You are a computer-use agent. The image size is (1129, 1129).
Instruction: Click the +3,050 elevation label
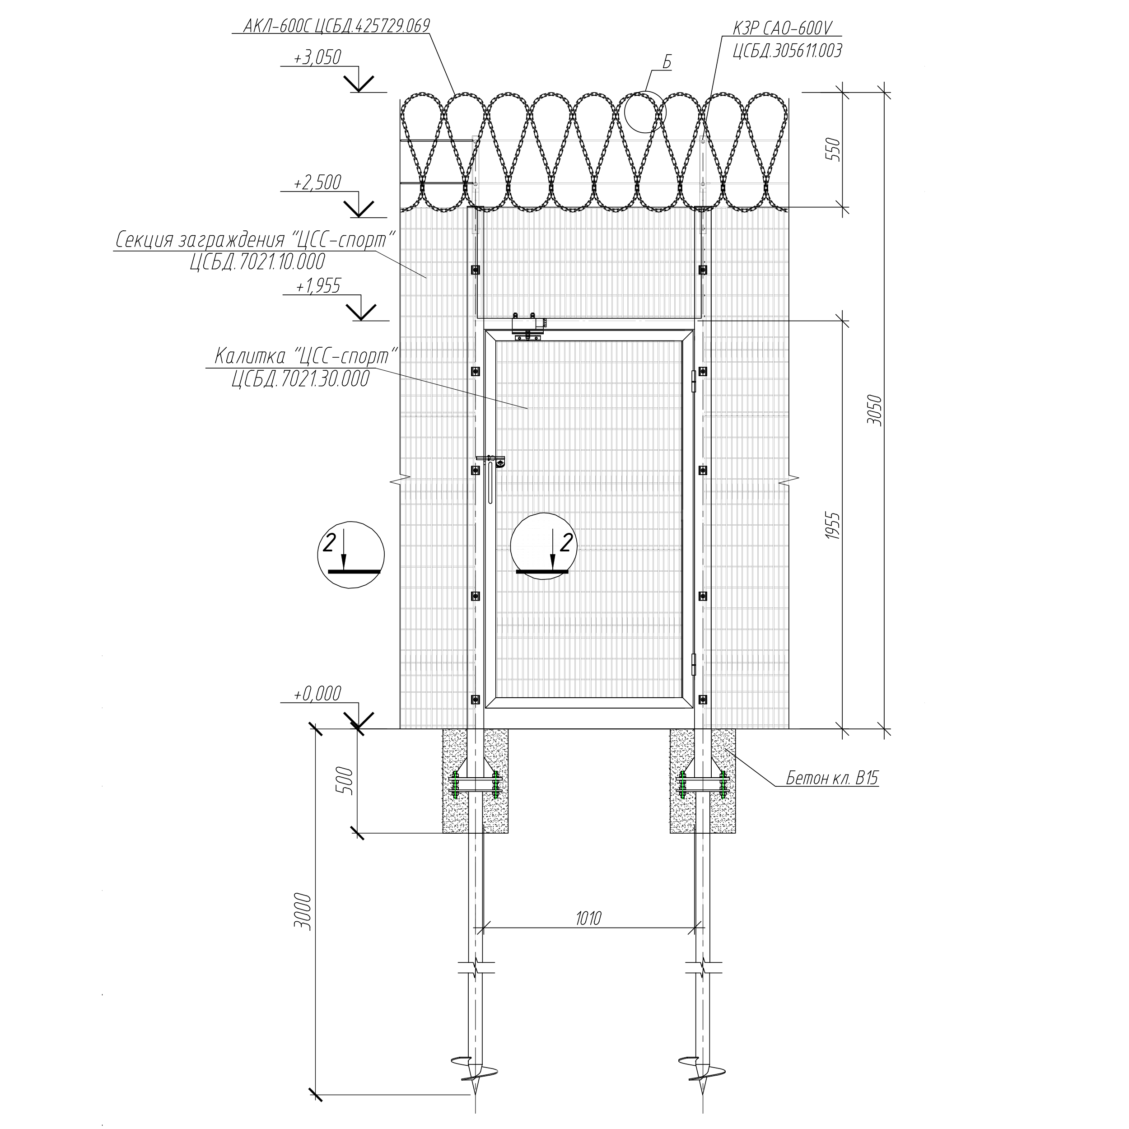[317, 57]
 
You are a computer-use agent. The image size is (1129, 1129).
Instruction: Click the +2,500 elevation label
[317, 182]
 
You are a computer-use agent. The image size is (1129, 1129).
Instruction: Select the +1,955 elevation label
[317, 286]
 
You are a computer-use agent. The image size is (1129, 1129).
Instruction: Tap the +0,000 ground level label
[317, 694]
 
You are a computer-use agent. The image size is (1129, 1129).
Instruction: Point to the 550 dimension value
[834, 149]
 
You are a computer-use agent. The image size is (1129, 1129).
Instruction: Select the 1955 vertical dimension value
[834, 525]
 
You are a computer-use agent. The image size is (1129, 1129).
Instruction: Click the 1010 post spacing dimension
[588, 918]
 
